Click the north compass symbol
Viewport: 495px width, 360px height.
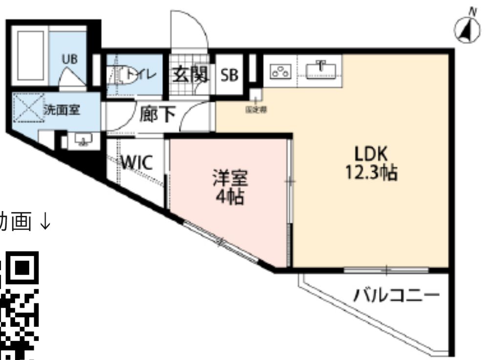pos(467,29)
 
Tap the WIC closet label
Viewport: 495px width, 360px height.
pos(136,163)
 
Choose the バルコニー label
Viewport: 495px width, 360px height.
pos(396,295)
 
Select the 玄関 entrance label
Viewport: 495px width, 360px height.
pos(190,75)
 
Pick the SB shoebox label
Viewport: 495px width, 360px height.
pos(229,75)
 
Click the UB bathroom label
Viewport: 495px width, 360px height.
pos(69,59)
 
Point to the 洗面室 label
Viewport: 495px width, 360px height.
pos(63,110)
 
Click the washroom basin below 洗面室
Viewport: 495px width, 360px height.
pos(83,142)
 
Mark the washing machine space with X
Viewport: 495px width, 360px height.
pos(27,107)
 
